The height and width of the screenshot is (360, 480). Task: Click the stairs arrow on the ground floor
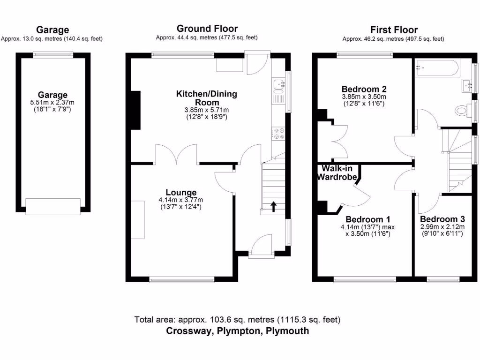tap(273, 206)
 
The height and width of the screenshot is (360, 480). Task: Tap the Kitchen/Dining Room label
tap(206, 98)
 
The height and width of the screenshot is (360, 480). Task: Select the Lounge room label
tap(181, 192)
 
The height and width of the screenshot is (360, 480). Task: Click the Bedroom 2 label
tap(364, 89)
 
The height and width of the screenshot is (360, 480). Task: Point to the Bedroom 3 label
tap(442, 219)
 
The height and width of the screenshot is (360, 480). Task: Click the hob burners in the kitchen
tap(279, 134)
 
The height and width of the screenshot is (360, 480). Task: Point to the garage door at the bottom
tap(53, 206)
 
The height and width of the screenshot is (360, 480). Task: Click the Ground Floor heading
tap(207, 29)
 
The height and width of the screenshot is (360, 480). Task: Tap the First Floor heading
tap(393, 30)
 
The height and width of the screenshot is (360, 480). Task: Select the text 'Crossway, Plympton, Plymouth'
tap(238, 331)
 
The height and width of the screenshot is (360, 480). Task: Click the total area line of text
tap(237, 320)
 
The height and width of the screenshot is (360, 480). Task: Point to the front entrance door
tap(262, 247)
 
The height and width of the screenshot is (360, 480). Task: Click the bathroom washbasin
tap(467, 85)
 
